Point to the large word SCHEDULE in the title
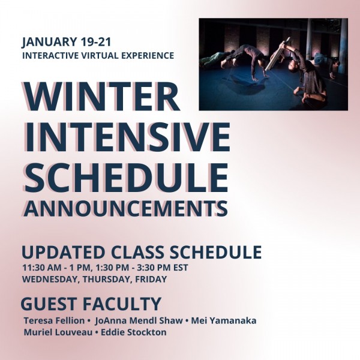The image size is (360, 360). tap(126, 176)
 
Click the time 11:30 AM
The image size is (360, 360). tap(43, 267)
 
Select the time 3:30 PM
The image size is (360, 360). tap(156, 267)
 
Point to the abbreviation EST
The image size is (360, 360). tap(181, 267)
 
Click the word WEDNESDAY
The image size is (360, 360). tap(47, 279)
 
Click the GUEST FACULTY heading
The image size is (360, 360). tap(91, 303)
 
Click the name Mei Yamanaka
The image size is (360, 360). tap(224, 320)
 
